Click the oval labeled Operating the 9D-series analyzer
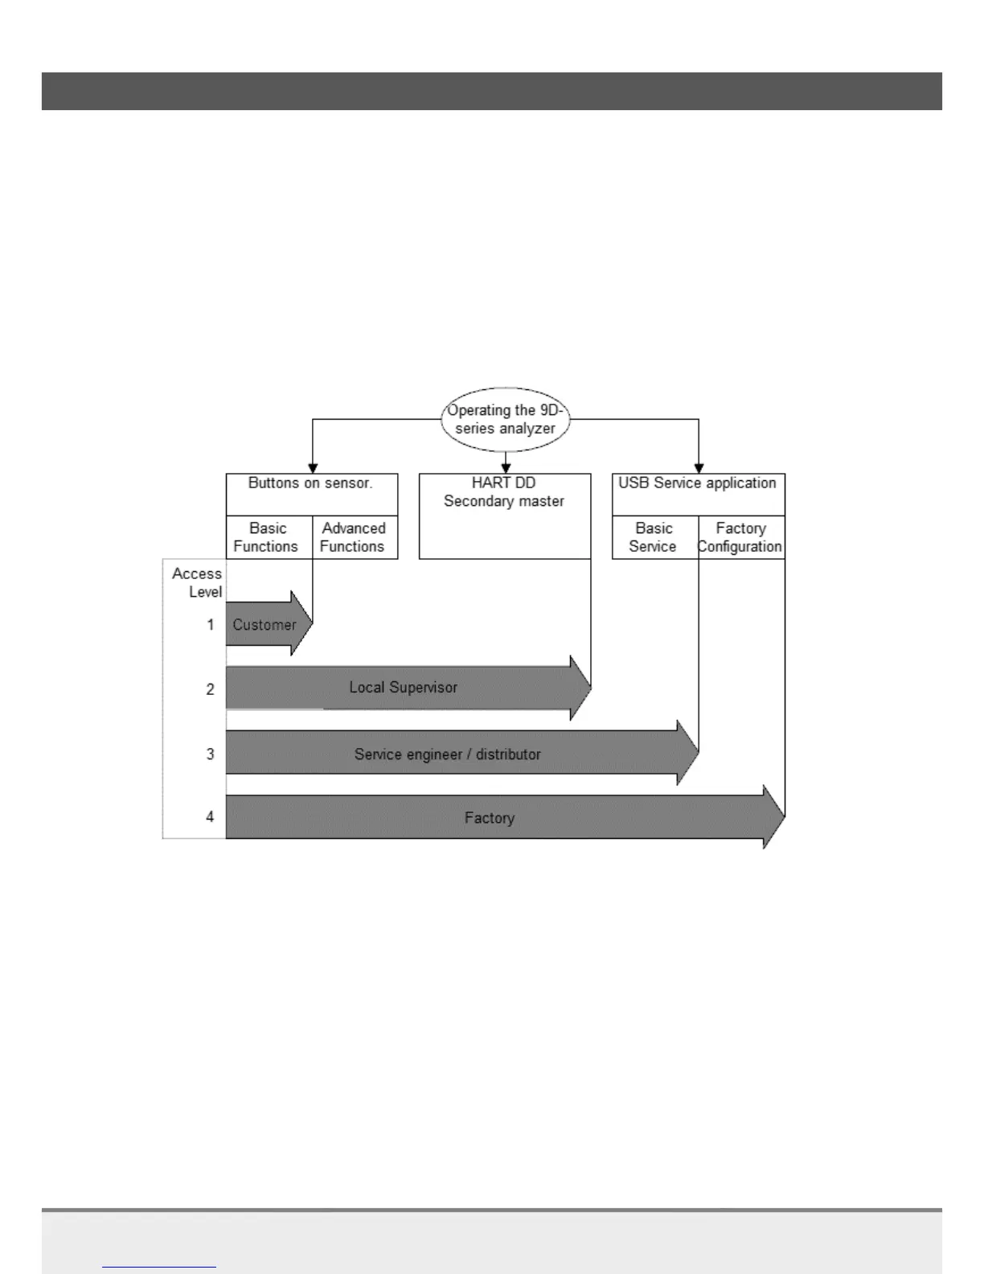pos(505,420)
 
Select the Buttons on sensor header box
pos(311,484)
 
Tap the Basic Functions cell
pos(267,537)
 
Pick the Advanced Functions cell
pos(354,537)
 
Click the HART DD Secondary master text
pos(504,492)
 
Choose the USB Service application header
pos(697,483)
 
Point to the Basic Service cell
pos(653,537)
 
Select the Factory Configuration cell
pos(740,537)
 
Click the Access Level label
pos(198,582)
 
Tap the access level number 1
pos(211,625)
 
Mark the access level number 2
pos(211,689)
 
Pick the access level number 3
pos(211,754)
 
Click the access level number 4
pos(211,817)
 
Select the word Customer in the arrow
pos(264,625)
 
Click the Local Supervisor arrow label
pos(403,688)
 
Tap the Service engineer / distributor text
pos(447,754)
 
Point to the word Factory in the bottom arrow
pos(489,818)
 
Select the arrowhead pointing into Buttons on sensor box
pos(313,468)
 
